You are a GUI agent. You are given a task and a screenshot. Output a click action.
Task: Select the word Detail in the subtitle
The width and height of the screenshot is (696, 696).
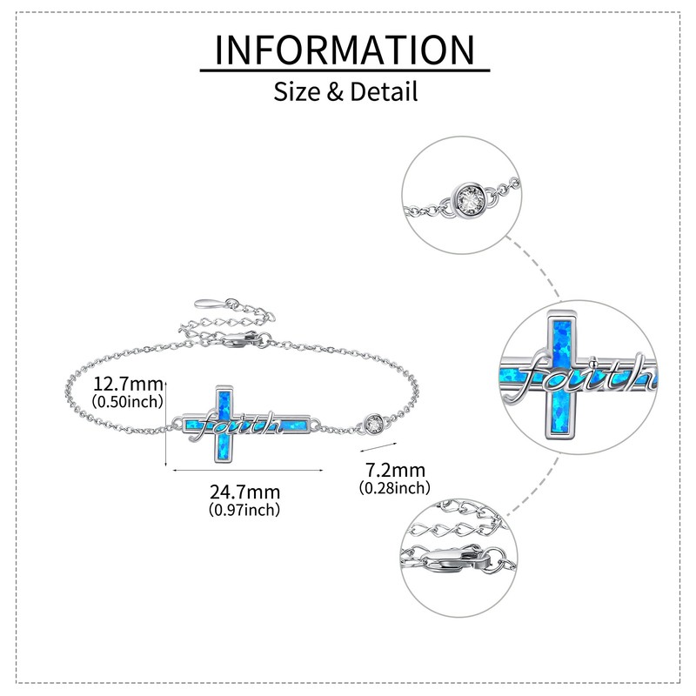383,90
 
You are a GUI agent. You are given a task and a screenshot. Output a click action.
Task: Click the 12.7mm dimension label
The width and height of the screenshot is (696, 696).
128,383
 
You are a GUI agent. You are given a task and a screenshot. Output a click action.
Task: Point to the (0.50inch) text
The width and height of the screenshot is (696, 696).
128,401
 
